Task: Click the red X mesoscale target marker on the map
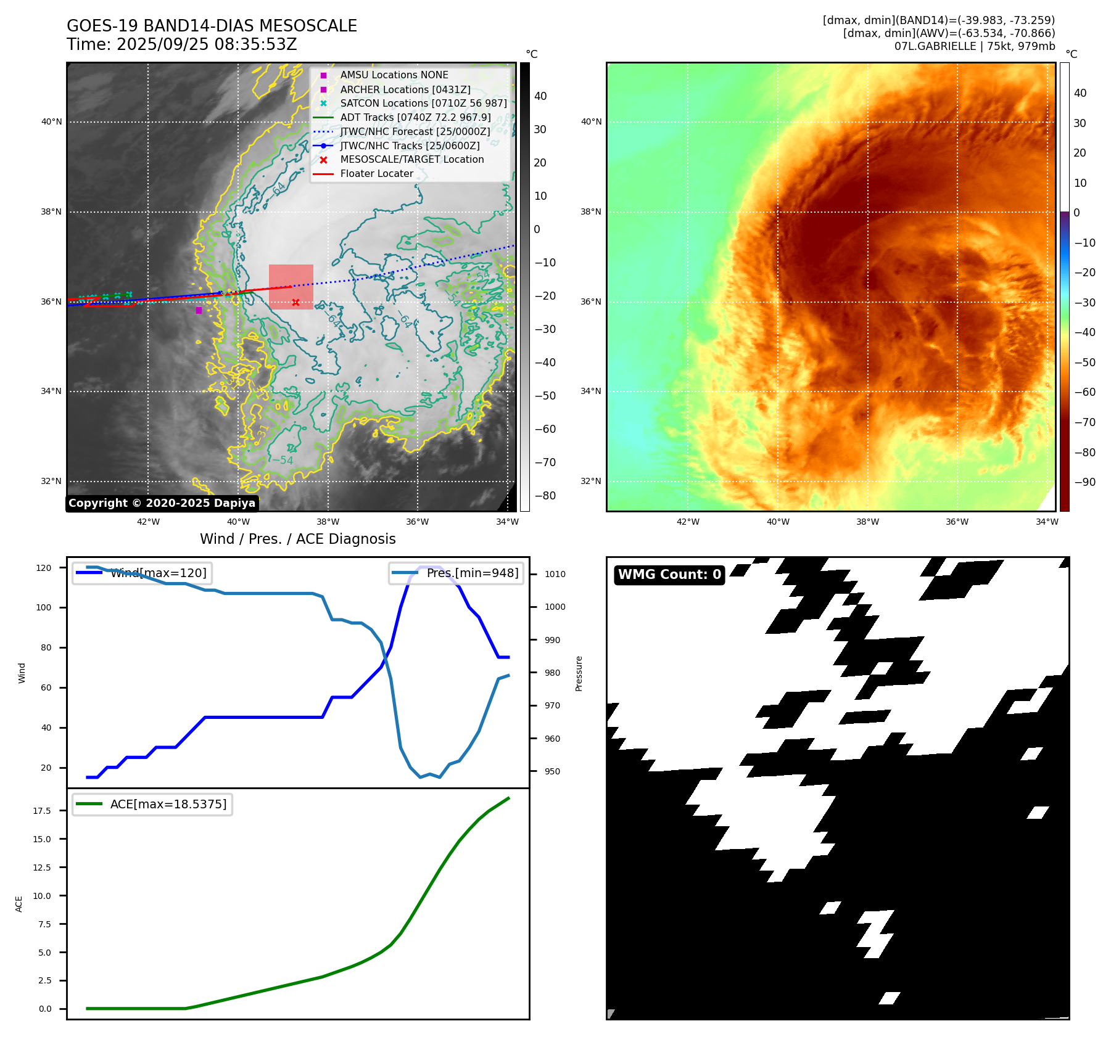tap(295, 302)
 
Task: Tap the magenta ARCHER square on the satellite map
tap(199, 310)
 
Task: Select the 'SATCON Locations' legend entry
tap(423, 104)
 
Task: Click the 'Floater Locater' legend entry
tap(376, 174)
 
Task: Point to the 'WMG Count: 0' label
tap(669, 575)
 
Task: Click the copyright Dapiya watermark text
tap(162, 503)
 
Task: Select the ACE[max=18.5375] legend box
tap(152, 804)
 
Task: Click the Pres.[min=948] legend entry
tap(456, 573)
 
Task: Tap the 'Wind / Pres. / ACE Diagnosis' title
tap(297, 539)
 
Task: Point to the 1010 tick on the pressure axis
tap(555, 574)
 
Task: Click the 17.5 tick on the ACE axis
tap(42, 811)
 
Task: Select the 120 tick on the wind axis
tap(44, 568)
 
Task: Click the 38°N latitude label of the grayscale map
tap(51, 212)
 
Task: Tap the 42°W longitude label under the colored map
tap(688, 522)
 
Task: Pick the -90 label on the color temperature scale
tap(1084, 482)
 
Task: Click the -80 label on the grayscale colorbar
tap(545, 496)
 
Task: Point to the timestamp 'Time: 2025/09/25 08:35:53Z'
tap(182, 45)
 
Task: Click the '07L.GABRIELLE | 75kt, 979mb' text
tap(974, 46)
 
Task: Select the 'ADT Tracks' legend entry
tap(415, 118)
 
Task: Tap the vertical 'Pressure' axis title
tap(579, 673)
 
